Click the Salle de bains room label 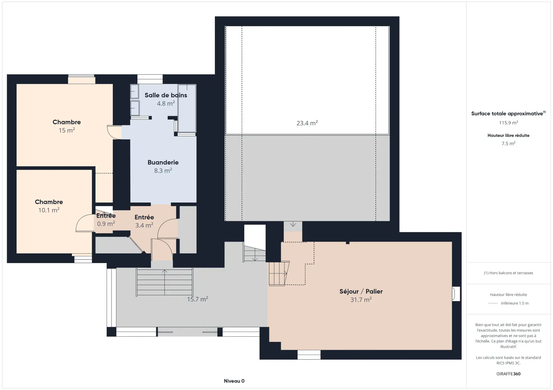(x=166, y=95)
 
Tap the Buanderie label (x=163, y=162)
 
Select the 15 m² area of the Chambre (x=66, y=130)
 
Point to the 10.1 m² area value (x=49, y=210)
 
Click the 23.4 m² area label (x=307, y=123)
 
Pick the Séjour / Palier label (x=361, y=291)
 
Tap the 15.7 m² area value (x=197, y=299)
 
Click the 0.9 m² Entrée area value (x=106, y=224)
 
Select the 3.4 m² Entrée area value (x=144, y=225)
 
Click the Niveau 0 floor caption (x=234, y=381)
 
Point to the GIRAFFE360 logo (x=508, y=374)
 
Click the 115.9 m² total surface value (x=508, y=123)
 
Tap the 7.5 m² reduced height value (x=508, y=144)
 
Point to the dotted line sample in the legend (x=493, y=303)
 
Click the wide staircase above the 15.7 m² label (x=165, y=282)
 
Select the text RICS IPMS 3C (x=508, y=363)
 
